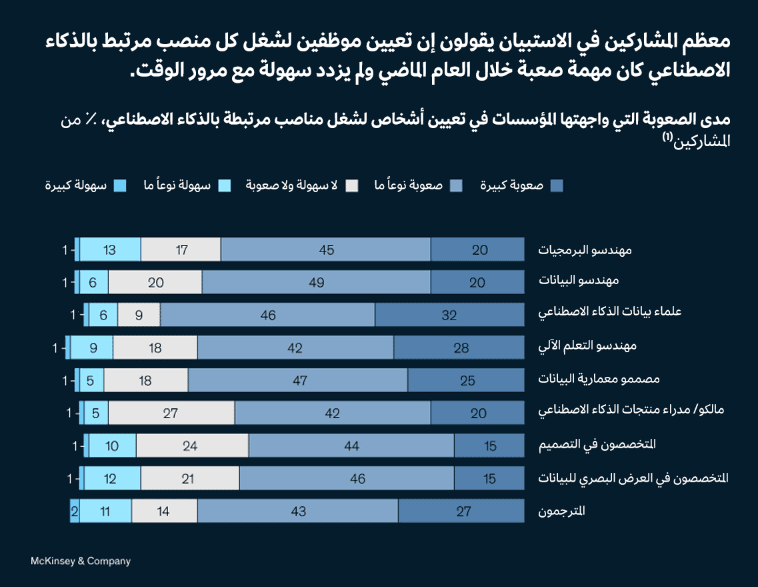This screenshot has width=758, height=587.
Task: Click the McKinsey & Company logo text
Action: pos(81,561)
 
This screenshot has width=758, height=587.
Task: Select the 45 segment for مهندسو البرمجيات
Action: pos(326,249)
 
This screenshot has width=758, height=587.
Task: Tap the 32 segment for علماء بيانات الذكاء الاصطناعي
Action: pos(449,315)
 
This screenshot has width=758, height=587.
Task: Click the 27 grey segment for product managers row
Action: pos(171,413)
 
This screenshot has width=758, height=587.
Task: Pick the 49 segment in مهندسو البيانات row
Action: pos(316,282)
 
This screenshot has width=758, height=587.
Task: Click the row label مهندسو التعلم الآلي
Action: pos(587,347)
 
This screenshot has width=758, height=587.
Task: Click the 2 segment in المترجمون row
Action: pos(74,511)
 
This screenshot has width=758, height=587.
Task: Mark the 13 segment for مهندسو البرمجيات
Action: pos(110,249)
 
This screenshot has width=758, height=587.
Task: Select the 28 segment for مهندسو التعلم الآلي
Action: pos(461,348)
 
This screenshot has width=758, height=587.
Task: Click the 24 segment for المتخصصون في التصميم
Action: pos(192,446)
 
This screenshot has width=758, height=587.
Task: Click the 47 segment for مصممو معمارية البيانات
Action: pos(298,380)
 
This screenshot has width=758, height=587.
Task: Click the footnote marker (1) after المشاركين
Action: pos(668,137)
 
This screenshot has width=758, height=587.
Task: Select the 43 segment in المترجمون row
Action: pos(298,511)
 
